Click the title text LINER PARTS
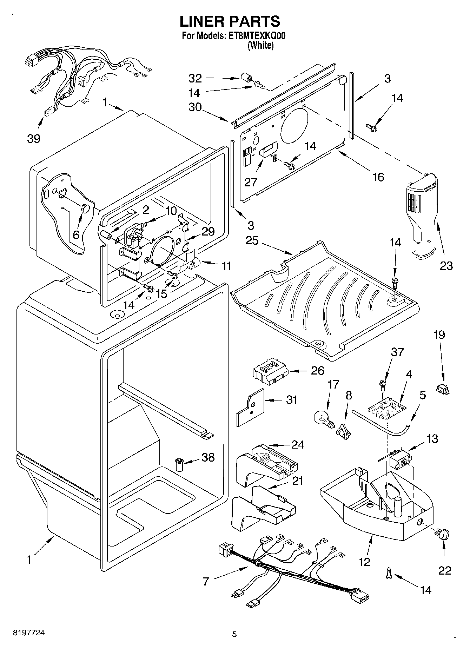230,21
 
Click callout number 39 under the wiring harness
34,139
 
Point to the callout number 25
252,241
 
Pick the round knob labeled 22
443,534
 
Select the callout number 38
208,457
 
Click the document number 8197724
28,633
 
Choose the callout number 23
446,266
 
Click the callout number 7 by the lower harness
206,582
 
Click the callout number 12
365,562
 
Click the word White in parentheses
260,45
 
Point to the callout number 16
378,177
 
